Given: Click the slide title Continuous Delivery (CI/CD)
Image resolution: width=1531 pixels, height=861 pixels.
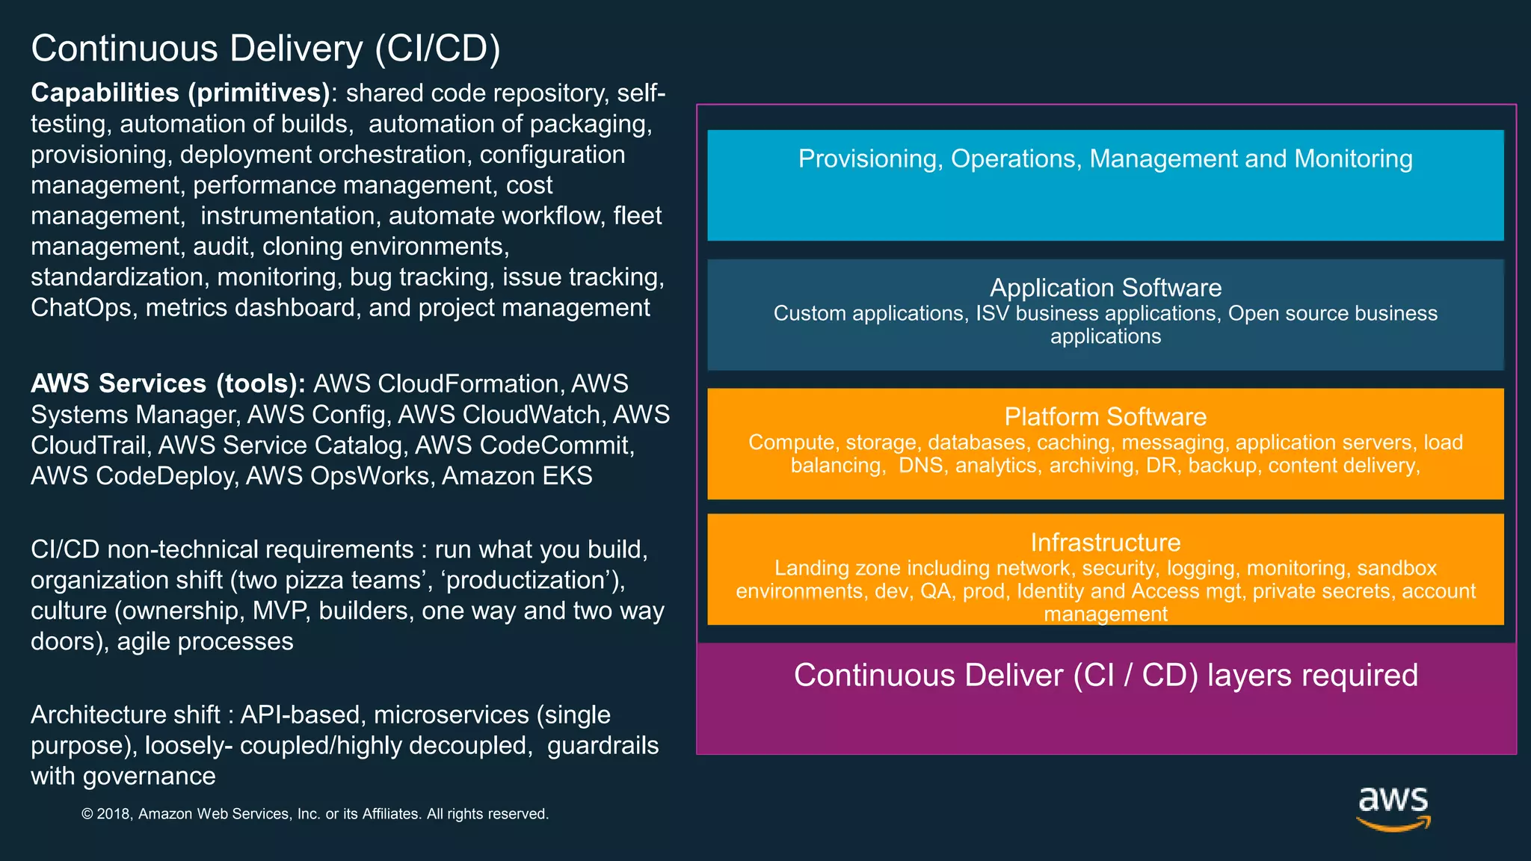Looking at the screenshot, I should click(265, 49).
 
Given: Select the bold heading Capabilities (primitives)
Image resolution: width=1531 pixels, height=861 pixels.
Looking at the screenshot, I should click(180, 93).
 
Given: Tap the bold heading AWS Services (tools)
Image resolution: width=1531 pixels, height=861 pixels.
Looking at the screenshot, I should click(167, 383).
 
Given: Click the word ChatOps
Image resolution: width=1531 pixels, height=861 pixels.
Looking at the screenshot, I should click(81, 308).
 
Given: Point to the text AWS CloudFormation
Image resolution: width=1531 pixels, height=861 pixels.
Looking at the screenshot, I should click(436, 383).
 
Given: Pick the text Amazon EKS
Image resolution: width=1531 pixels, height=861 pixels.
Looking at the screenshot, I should click(517, 476).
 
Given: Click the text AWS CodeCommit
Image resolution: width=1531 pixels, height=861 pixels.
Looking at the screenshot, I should click(523, 445).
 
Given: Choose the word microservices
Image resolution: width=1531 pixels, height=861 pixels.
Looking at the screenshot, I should click(451, 715).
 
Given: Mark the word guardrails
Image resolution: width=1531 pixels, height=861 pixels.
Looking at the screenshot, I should click(603, 746).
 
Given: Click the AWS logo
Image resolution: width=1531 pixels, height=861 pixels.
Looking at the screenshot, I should click(1393, 807).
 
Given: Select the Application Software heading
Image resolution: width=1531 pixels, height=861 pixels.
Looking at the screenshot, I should click(1106, 288).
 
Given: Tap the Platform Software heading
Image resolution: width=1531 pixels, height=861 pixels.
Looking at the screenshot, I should click(1106, 417).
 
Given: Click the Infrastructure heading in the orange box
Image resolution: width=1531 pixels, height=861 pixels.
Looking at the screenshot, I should click(1106, 543).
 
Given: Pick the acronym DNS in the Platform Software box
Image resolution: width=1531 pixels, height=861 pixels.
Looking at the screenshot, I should click(920, 466).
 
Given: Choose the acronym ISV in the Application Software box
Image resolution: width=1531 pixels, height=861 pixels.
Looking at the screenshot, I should click(992, 313).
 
